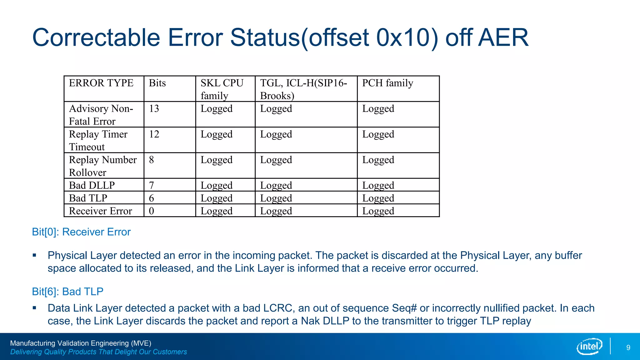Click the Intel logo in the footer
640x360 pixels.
[x=589, y=346]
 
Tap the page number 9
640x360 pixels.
[x=628, y=347]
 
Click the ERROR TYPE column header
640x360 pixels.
[x=101, y=83]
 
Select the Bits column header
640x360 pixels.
[x=157, y=83]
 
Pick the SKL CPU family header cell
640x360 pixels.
[x=222, y=89]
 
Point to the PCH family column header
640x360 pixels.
[x=387, y=83]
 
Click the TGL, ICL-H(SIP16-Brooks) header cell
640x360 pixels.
[x=303, y=89]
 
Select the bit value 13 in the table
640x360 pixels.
[x=154, y=109]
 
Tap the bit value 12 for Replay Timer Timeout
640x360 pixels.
[x=154, y=134]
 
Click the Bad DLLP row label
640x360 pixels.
[x=92, y=185]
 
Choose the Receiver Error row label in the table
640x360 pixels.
[x=100, y=211]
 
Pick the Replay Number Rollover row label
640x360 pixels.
[x=102, y=166]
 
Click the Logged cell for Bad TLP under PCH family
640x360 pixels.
[x=378, y=198]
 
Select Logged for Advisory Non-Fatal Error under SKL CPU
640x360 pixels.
[x=216, y=109]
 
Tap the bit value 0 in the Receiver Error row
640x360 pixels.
[x=151, y=211]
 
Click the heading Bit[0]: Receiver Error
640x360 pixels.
[x=81, y=232]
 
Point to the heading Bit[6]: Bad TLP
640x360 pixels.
[x=67, y=292]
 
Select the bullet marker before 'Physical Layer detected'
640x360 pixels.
[x=34, y=255]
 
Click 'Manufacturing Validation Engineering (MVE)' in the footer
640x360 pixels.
[x=81, y=343]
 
